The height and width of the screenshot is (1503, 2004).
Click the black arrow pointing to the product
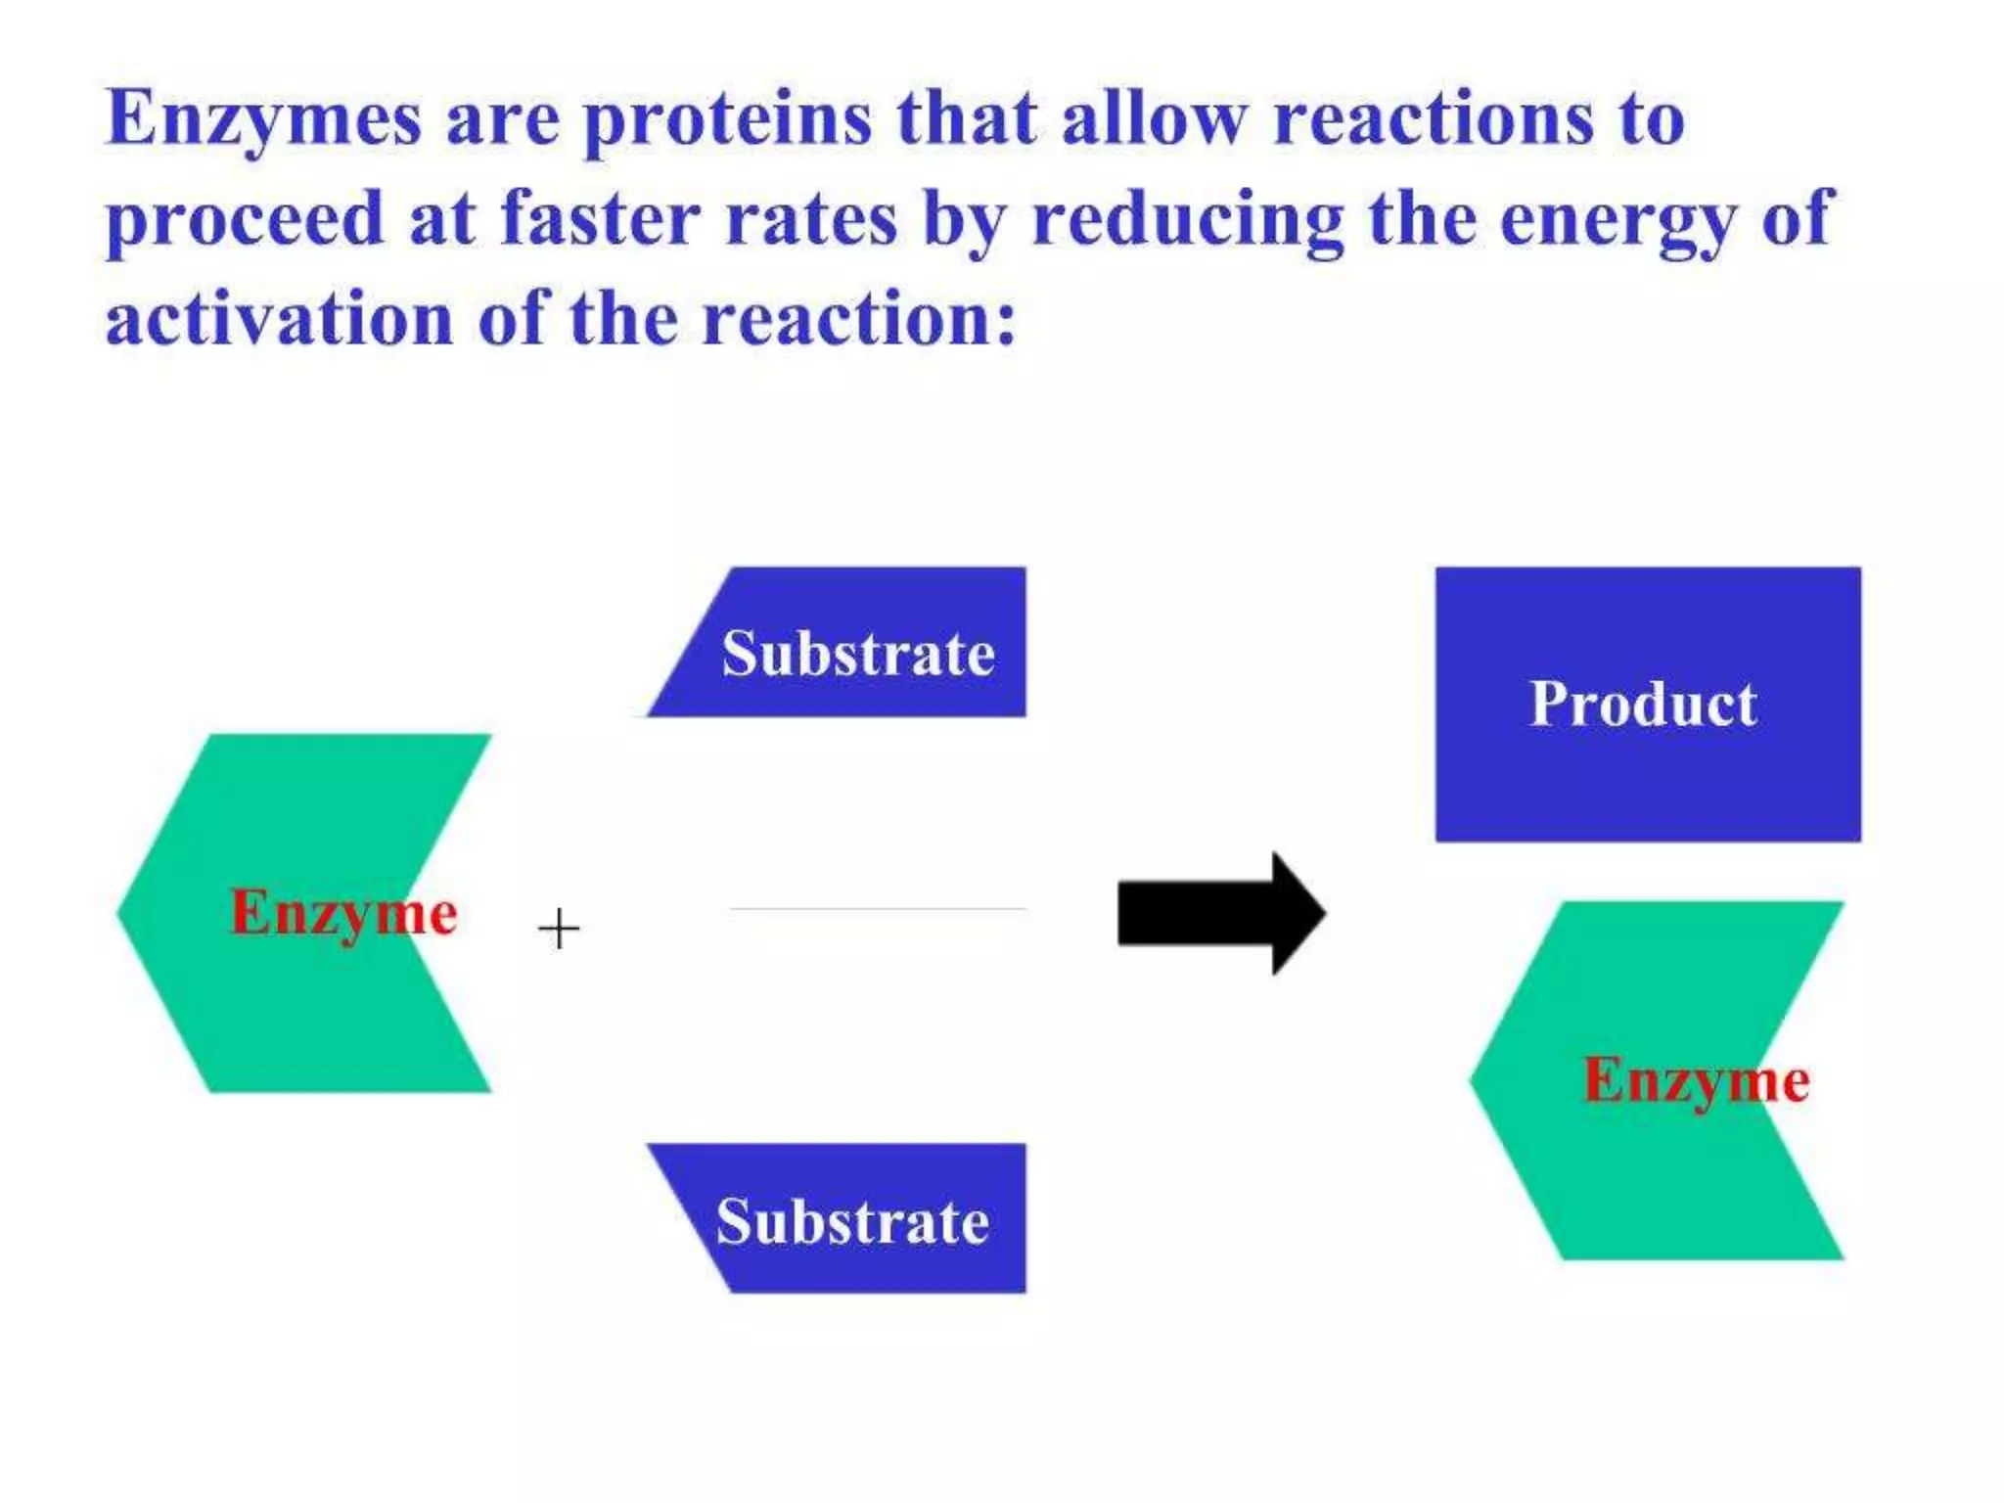[x=1220, y=913]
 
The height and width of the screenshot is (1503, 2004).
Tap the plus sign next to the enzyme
[x=559, y=929]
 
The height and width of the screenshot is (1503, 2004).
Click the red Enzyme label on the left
[x=343, y=913]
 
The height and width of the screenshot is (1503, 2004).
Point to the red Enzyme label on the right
[x=1697, y=1081]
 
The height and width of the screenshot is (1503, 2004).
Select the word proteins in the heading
[x=727, y=119]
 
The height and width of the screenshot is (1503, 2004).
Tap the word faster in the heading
[x=600, y=219]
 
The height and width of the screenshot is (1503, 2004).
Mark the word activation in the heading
[x=279, y=319]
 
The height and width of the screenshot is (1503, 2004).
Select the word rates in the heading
[x=811, y=219]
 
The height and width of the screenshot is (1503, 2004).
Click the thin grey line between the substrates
[x=878, y=909]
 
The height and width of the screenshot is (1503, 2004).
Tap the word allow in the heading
[x=1154, y=119]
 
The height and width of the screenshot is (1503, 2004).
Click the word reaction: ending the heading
[x=860, y=319]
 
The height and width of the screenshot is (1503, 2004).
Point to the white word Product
[x=1643, y=704]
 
